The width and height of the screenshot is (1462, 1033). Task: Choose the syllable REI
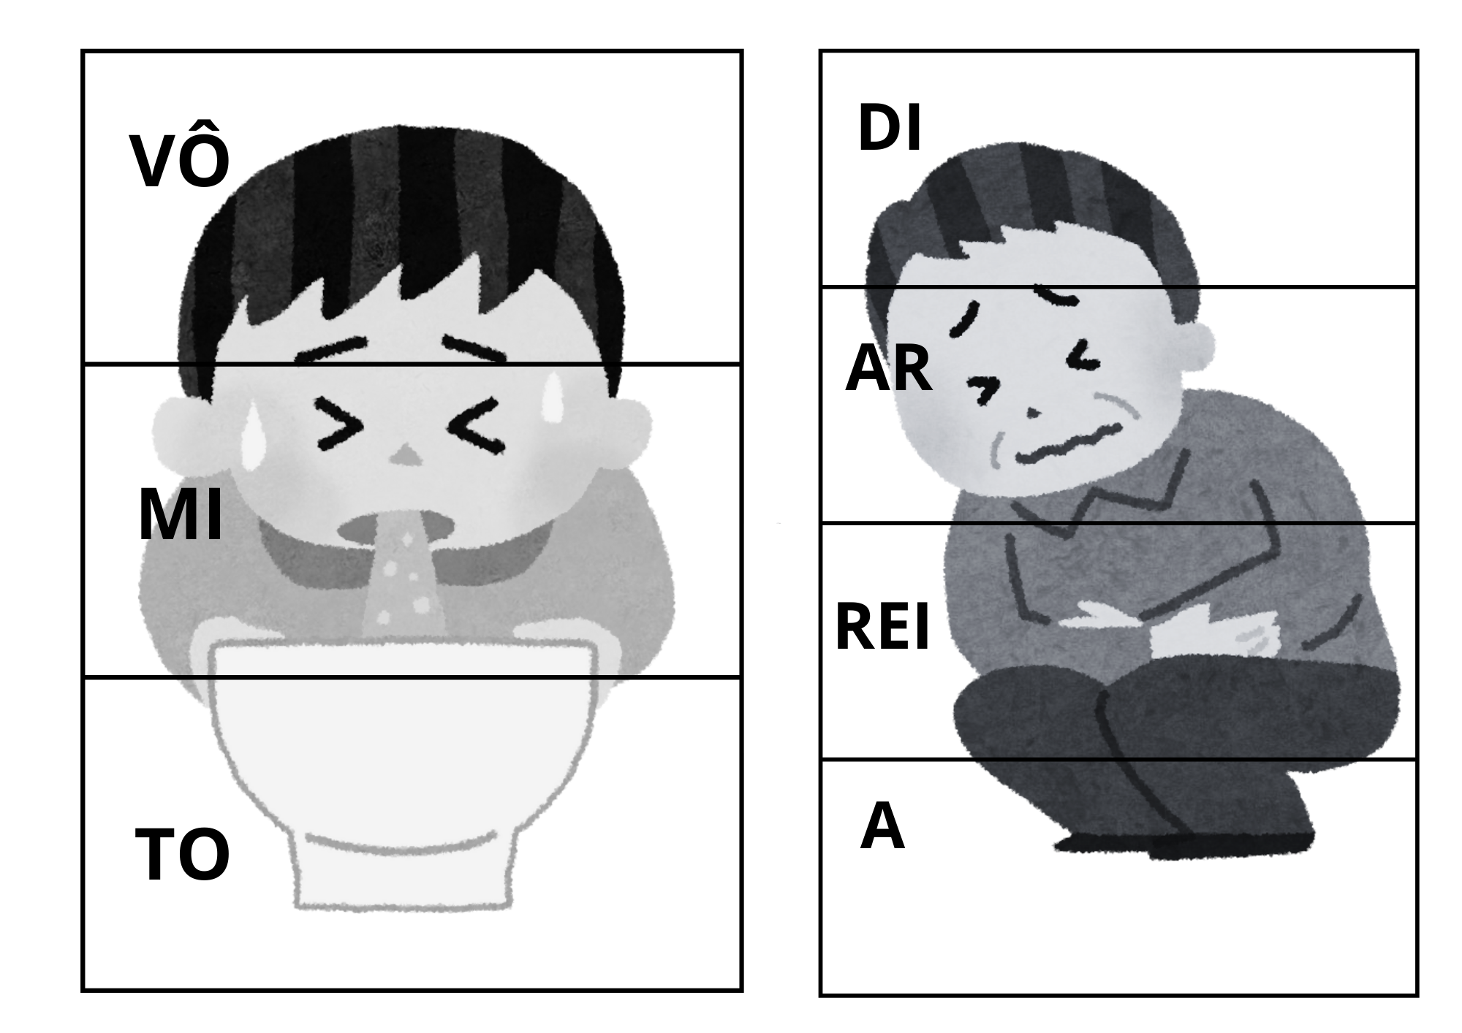pyautogui.click(x=882, y=626)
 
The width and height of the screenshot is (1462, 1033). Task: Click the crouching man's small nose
pyautogui.click(x=1033, y=413)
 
